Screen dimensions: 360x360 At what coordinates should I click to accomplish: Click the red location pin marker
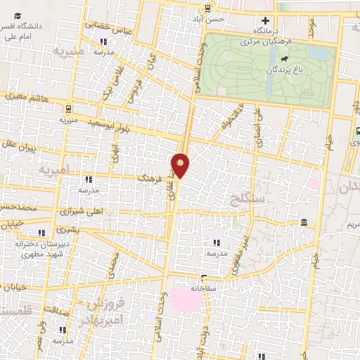coord(181,164)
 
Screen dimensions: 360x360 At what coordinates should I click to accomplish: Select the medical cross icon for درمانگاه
coord(265,20)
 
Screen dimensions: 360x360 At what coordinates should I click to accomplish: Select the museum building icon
coord(303,223)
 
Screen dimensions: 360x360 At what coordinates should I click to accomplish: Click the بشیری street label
coord(67,229)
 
